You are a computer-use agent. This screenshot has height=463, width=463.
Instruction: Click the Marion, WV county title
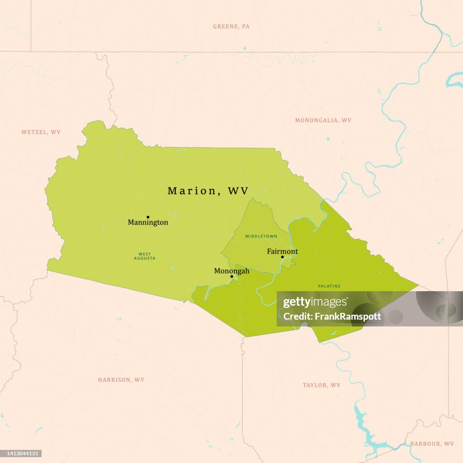(208, 191)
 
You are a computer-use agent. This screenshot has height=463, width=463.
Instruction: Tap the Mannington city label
(148, 222)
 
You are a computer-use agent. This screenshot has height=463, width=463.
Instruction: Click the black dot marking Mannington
(148, 217)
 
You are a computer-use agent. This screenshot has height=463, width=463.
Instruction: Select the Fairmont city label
(282, 251)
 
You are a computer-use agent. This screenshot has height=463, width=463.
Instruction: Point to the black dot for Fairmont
(283, 257)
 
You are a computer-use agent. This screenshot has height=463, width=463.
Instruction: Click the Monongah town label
(231, 271)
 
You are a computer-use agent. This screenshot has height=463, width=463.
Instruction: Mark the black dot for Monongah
(232, 276)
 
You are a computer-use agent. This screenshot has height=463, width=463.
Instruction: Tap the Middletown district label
(261, 236)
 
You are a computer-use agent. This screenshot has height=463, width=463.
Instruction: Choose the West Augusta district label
(145, 256)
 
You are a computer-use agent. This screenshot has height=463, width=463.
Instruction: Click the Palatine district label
(329, 286)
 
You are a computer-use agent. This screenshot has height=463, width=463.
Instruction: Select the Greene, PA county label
(231, 27)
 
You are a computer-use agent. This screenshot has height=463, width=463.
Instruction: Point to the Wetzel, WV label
(41, 132)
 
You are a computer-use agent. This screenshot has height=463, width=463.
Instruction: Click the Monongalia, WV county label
(323, 120)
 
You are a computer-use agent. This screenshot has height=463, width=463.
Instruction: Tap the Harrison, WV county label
(121, 380)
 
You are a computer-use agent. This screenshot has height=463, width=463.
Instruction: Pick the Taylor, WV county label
(321, 385)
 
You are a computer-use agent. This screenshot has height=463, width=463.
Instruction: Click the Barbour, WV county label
(432, 444)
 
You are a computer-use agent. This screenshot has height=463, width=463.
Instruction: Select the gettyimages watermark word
(316, 302)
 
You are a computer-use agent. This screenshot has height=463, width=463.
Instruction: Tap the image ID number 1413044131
(22, 453)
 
